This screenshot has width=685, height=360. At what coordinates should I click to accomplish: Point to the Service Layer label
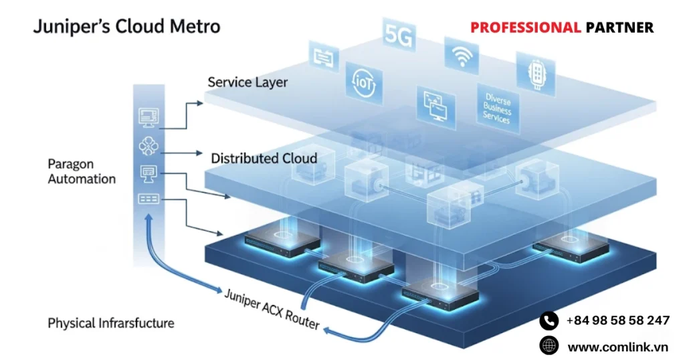pyautogui.click(x=248, y=82)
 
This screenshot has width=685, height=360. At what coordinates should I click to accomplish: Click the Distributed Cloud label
pyautogui.click(x=264, y=159)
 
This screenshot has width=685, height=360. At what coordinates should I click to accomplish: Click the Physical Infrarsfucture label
pyautogui.click(x=111, y=323)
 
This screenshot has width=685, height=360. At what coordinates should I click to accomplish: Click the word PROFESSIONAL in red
pyautogui.click(x=525, y=27)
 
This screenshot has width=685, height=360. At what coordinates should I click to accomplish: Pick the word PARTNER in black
pyautogui.click(x=619, y=27)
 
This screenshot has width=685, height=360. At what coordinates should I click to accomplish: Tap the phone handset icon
pyautogui.click(x=549, y=321)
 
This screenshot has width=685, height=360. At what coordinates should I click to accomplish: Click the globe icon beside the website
pyautogui.click(x=549, y=346)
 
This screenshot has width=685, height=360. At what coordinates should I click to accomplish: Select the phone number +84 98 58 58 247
pyautogui.click(x=617, y=321)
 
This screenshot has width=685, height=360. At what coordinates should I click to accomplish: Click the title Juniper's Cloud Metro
pyautogui.click(x=127, y=27)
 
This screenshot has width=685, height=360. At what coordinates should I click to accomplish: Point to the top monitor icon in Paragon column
pyautogui.click(x=148, y=117)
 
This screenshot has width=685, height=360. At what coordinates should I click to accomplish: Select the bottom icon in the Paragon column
pyautogui.click(x=148, y=199)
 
